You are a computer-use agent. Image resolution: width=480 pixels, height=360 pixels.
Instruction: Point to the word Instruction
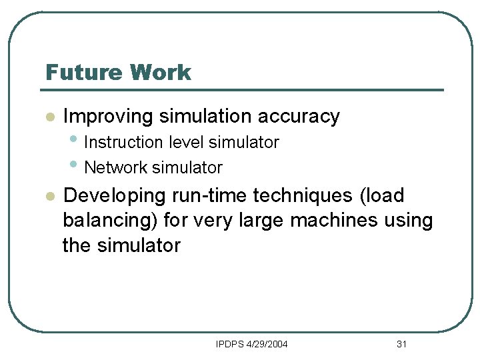124,143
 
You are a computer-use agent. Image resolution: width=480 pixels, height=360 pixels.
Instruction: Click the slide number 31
401,344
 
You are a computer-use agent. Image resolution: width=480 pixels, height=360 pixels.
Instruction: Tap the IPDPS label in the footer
231,344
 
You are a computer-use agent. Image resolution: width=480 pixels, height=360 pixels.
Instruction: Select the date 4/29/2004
267,344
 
